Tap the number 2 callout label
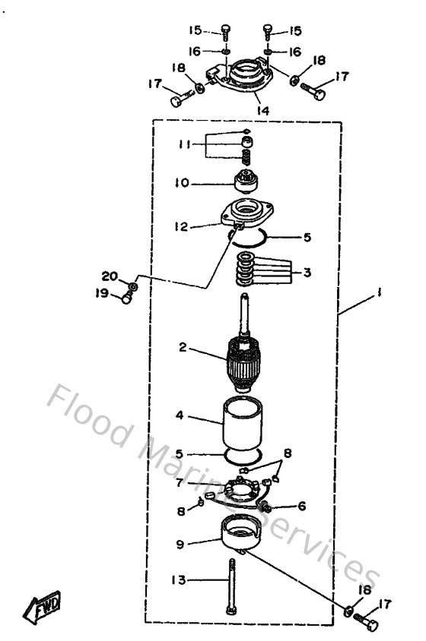(183, 348)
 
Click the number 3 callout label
(307, 272)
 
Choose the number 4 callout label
(180, 416)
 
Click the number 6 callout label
(301, 505)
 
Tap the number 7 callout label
(180, 482)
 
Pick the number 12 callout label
(181, 225)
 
